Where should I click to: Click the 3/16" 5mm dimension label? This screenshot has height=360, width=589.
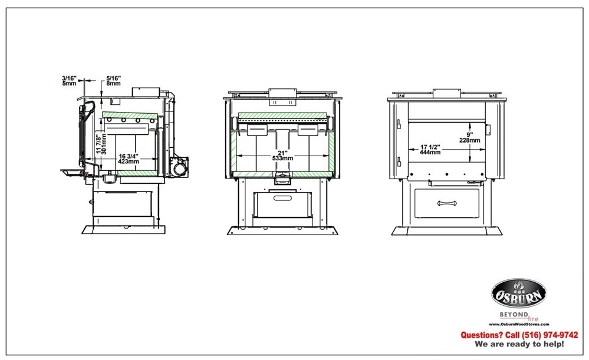click(x=69, y=81)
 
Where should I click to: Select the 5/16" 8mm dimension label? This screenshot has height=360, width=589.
click(x=113, y=81)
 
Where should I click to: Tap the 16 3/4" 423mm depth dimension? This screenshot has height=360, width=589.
click(x=129, y=159)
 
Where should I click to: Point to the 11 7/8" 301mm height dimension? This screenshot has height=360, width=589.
click(x=101, y=144)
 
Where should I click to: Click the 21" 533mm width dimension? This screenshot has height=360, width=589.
click(x=282, y=156)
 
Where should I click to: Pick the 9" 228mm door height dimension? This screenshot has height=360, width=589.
click(x=469, y=137)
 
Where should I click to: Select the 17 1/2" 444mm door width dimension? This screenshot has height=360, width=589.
click(x=430, y=150)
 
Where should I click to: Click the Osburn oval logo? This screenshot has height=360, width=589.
click(x=519, y=293)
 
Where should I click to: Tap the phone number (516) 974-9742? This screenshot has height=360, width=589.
click(x=550, y=335)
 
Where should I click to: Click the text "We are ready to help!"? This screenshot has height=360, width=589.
click(x=519, y=344)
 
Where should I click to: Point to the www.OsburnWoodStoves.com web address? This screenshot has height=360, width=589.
click(x=519, y=324)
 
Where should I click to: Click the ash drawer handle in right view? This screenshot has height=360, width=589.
click(x=447, y=203)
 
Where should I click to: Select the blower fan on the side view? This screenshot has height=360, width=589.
click(x=179, y=166)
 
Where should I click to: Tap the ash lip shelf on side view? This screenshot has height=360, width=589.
click(x=73, y=172)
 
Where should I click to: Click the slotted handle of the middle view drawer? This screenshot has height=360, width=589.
click(x=282, y=198)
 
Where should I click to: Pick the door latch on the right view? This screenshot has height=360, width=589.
click(x=488, y=130)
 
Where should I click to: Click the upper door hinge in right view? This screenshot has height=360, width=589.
click(x=399, y=124)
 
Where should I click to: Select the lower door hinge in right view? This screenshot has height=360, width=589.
click(x=399, y=161)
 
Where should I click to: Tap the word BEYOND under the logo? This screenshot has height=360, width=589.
click(x=514, y=315)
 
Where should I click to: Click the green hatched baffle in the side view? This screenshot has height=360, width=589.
click(x=130, y=115)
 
